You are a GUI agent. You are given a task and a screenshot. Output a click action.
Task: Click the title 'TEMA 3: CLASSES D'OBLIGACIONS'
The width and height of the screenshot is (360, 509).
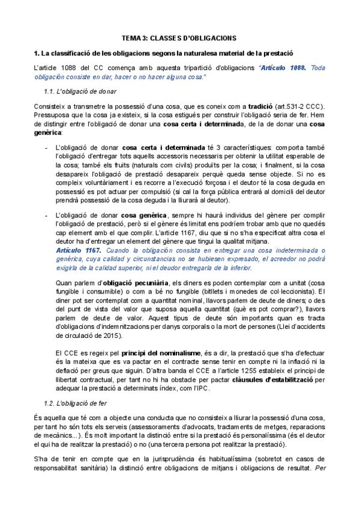coord(179,37)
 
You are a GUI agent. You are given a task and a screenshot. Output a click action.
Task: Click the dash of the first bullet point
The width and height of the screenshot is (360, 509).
coord(47,148)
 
